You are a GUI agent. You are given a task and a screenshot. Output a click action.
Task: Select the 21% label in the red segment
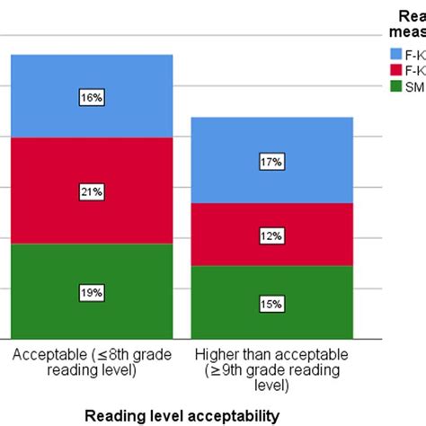coord(91,192)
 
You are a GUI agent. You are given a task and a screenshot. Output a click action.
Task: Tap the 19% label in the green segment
coord(91,293)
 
